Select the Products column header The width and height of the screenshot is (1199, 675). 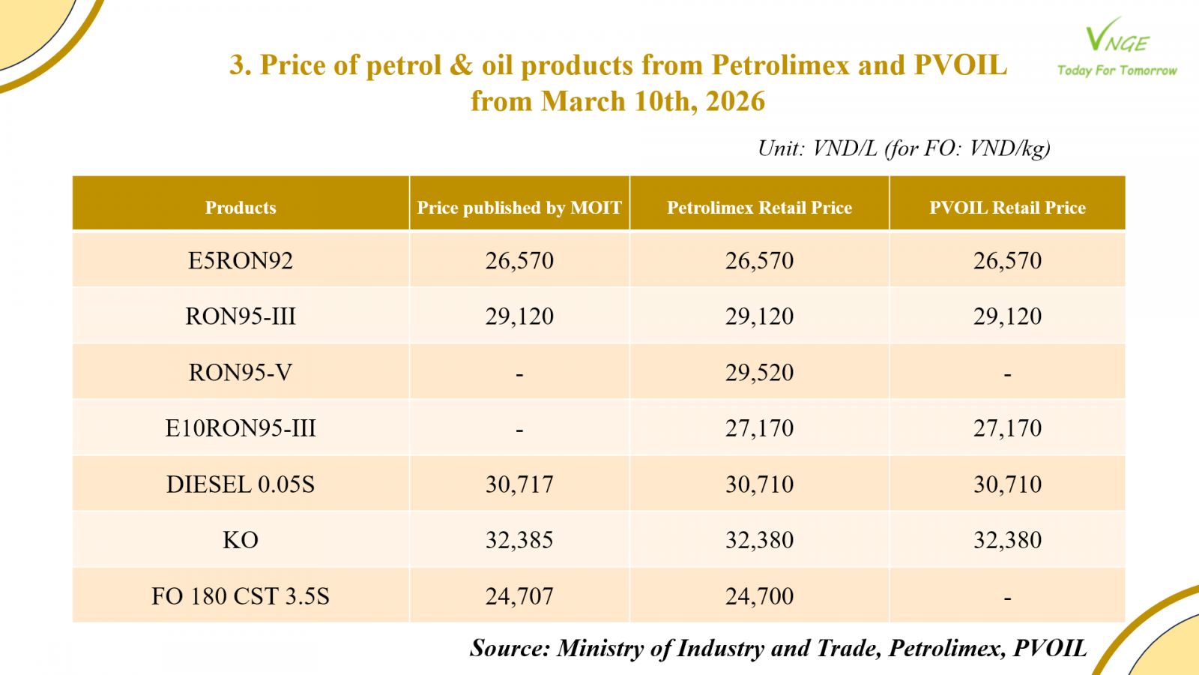click(x=241, y=208)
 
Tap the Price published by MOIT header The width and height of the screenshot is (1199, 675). click(x=519, y=208)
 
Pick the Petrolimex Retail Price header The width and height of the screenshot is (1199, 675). click(x=759, y=208)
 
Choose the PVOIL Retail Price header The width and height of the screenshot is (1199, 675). click(x=1007, y=208)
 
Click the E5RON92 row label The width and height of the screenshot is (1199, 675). click(x=241, y=261)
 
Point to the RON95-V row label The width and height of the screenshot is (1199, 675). click(x=241, y=373)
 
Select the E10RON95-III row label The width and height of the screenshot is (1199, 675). click(x=241, y=428)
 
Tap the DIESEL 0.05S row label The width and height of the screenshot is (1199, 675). click(x=241, y=484)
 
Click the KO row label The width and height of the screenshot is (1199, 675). click(x=241, y=540)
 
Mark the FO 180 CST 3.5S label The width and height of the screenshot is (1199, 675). click(x=241, y=596)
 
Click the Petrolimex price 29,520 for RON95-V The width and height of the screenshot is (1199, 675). click(x=759, y=373)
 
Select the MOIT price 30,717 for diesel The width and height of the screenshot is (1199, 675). click(x=519, y=484)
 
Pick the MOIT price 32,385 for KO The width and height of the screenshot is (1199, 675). click(x=519, y=540)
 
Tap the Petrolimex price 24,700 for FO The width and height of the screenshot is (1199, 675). click(x=759, y=596)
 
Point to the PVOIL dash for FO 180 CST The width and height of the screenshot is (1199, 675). click(x=1007, y=598)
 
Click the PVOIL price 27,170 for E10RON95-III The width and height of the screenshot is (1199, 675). click(x=1007, y=428)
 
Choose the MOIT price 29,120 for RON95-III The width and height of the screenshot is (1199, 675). click(x=519, y=316)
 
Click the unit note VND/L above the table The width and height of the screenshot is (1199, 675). click(x=845, y=148)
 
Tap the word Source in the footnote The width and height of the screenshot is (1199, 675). click(x=510, y=648)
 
